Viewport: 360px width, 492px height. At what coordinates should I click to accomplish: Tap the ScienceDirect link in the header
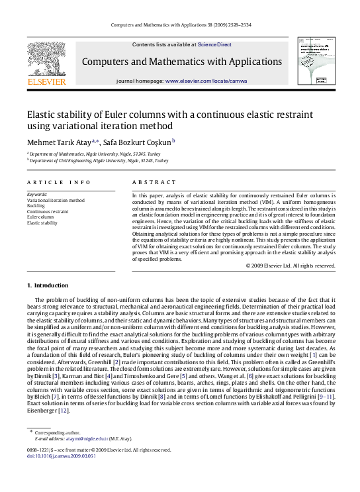point(215,44)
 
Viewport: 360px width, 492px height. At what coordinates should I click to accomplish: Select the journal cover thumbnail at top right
point(313,62)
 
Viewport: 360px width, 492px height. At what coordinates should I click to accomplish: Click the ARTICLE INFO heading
point(59,181)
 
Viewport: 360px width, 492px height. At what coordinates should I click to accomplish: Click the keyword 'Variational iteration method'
point(56,199)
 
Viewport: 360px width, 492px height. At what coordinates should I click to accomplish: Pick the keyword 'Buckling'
point(36,205)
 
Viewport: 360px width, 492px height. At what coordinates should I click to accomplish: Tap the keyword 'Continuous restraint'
point(48,211)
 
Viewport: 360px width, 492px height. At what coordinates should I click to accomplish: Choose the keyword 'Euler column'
point(40,217)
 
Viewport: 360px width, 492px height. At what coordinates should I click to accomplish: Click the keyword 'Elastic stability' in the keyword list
point(42,223)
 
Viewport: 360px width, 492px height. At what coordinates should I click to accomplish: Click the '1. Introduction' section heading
point(47,285)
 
